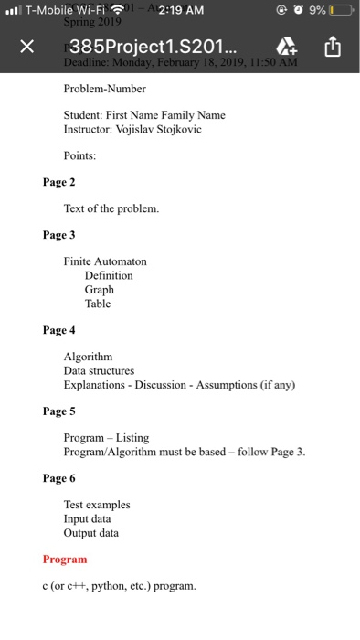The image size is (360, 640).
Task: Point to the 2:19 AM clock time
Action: (x=181, y=11)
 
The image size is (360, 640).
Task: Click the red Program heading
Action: (x=65, y=559)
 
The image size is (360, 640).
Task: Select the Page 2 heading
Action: (x=59, y=182)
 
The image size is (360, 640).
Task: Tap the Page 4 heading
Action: (x=59, y=329)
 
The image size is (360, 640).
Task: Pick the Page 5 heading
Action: (x=59, y=411)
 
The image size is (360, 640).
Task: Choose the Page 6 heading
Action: (x=59, y=477)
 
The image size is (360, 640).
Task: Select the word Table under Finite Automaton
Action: (x=98, y=304)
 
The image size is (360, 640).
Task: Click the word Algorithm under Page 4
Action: (x=88, y=356)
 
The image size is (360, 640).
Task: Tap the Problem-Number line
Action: (x=104, y=89)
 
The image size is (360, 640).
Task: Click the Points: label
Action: (x=79, y=156)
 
